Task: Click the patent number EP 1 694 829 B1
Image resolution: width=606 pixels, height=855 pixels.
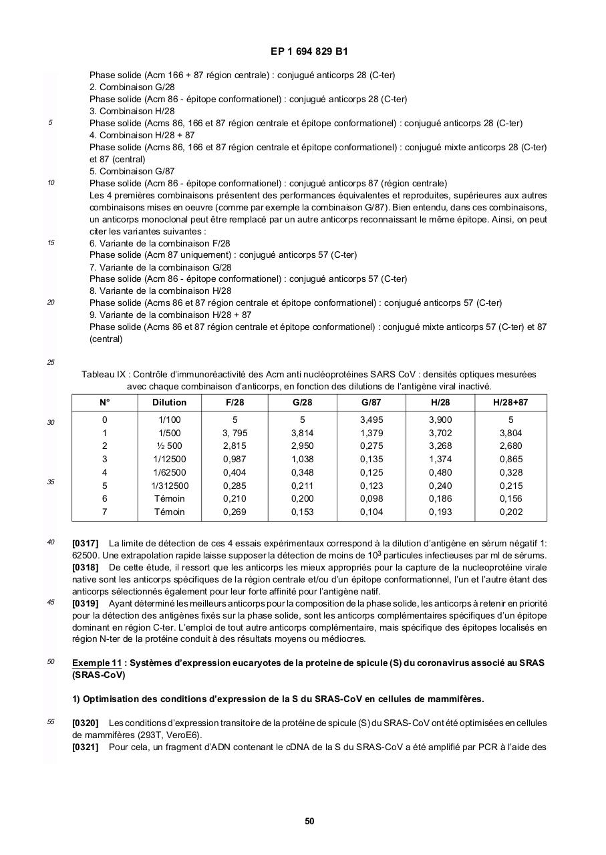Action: click(309, 51)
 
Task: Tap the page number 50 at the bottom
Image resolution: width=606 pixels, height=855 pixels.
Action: click(309, 821)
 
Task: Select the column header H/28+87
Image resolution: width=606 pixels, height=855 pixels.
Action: click(510, 403)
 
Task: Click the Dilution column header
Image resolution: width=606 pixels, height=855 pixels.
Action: click(169, 403)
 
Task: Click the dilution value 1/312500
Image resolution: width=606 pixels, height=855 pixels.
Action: click(169, 486)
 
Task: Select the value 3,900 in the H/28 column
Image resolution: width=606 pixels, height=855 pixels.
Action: click(440, 420)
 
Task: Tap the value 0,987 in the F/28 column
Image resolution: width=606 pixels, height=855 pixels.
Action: click(235, 460)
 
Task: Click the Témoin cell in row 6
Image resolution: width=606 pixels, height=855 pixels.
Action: click(169, 499)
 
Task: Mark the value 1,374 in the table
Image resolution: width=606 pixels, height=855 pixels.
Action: click(440, 460)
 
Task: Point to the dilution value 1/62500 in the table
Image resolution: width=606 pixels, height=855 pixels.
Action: click(169, 473)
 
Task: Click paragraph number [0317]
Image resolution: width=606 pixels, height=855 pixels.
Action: click(85, 544)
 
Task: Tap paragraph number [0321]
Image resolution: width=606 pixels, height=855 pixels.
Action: click(85, 747)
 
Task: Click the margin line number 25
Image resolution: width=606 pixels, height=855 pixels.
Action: click(51, 363)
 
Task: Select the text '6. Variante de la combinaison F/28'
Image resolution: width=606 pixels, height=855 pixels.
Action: click(160, 243)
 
